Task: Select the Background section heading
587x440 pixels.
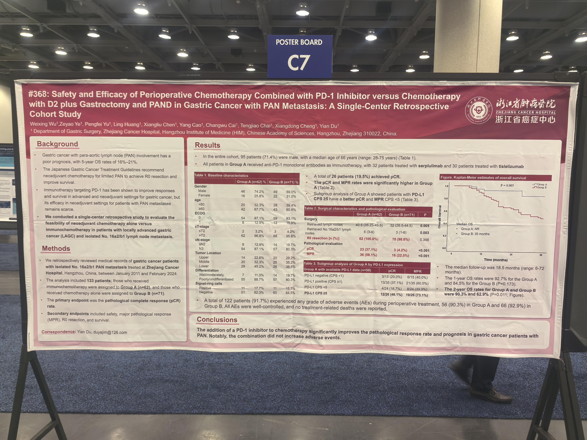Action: pyautogui.click(x=57, y=144)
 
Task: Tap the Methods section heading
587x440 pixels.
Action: pyautogui.click(x=56, y=249)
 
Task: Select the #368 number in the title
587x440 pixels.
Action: pyautogui.click(x=38, y=94)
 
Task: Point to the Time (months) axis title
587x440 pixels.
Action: pyautogui.click(x=495, y=260)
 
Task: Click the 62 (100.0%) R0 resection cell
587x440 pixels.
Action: pyautogui.click(x=369, y=239)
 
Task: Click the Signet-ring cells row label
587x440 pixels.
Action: pyautogui.click(x=209, y=283)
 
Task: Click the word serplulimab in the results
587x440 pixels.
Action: pyautogui.click(x=430, y=166)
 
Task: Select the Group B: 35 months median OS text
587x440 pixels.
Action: pyautogui.click(x=475, y=234)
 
